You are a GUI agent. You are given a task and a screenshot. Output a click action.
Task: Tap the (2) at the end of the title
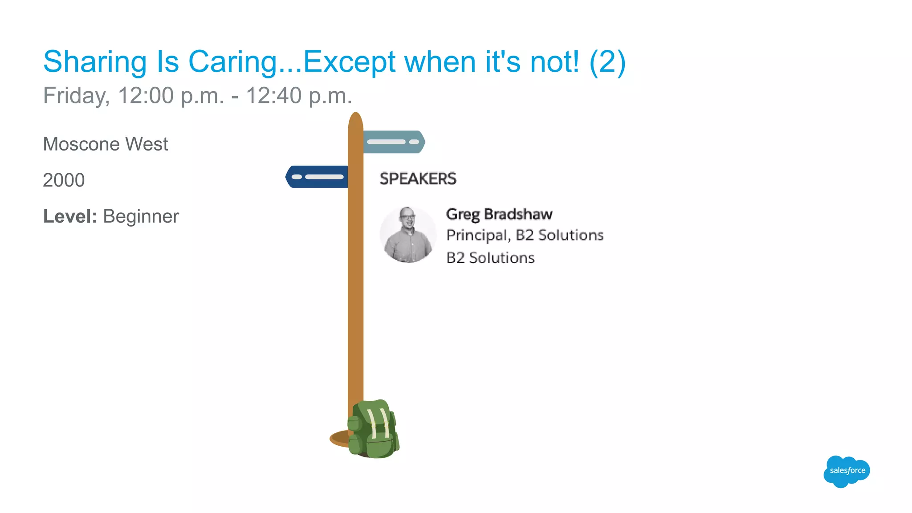pos(607,62)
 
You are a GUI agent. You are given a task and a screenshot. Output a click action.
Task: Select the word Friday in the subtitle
pos(76,96)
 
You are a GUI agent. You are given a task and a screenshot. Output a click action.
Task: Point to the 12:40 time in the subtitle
pos(274,96)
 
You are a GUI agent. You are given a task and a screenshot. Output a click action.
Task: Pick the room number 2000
pos(64,180)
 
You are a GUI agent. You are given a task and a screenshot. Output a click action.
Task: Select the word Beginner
pos(141,217)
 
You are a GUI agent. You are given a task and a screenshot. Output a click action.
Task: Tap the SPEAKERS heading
pos(418,179)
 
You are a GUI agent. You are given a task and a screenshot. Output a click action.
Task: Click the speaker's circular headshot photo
pos(407,235)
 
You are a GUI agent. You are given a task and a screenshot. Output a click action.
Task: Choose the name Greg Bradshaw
pos(499,214)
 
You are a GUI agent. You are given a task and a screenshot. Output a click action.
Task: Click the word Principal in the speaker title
pos(477,235)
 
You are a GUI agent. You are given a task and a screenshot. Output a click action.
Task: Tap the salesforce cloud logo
pos(847,471)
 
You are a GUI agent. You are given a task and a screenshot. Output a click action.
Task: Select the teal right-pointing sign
pos(394,142)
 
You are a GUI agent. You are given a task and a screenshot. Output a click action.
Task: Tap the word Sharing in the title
pos(95,62)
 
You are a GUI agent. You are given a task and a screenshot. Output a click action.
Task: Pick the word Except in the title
pos(349,62)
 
